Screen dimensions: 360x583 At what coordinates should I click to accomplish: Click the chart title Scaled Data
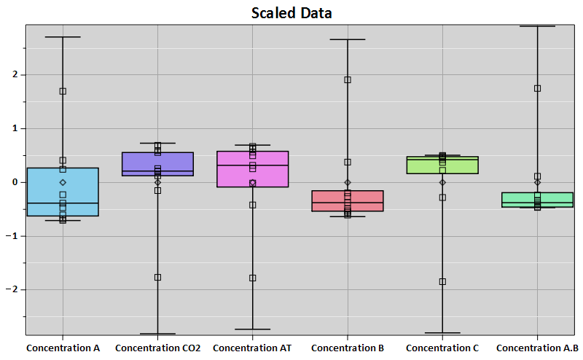(x=291, y=12)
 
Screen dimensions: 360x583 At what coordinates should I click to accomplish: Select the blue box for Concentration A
(x=44, y=192)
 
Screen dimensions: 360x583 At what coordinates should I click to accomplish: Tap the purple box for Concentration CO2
(x=138, y=163)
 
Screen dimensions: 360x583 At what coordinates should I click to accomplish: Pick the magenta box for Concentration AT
(x=233, y=169)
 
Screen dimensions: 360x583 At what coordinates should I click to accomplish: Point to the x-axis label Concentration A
(x=63, y=348)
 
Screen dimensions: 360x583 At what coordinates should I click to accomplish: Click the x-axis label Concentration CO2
(x=157, y=348)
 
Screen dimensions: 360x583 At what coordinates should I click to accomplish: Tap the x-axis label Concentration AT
(x=252, y=348)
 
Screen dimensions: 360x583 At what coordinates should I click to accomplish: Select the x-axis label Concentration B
(x=348, y=348)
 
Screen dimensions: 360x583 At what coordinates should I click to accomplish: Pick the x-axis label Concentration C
(x=442, y=348)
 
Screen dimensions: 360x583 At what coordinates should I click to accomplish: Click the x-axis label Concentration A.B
(x=537, y=348)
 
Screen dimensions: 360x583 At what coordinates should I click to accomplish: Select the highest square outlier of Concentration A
(x=63, y=91)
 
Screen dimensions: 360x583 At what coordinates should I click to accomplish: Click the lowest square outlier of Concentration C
(x=442, y=281)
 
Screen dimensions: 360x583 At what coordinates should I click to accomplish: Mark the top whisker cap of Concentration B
(x=348, y=39)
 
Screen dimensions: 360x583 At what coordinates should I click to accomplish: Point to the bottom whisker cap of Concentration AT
(x=252, y=329)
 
